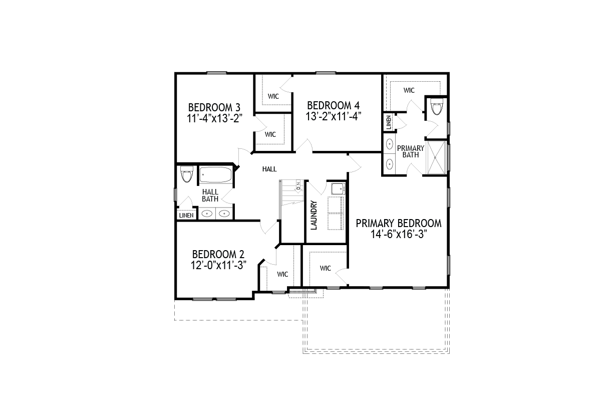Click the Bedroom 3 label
click(214, 107)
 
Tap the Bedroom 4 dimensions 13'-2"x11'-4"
click(334, 116)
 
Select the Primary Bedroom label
click(399, 223)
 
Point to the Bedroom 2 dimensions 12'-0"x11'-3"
click(218, 265)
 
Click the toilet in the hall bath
click(187, 174)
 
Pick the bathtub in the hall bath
click(216, 174)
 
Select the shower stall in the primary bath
click(437, 157)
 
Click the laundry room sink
click(338, 189)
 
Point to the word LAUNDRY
click(314, 216)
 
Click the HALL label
click(269, 169)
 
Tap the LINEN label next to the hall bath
click(186, 216)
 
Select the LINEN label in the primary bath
click(389, 122)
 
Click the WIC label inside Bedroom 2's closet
click(282, 274)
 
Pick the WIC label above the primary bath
click(409, 90)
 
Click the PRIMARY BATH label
click(411, 151)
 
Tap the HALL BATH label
click(210, 195)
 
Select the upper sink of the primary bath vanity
click(389, 144)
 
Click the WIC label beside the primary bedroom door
click(326, 268)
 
